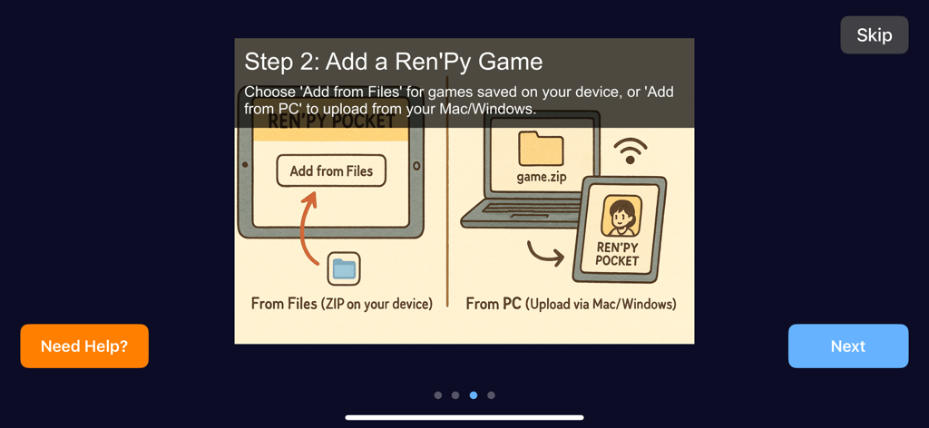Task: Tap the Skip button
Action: (x=874, y=35)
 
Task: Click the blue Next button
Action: (x=847, y=346)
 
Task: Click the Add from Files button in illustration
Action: (x=331, y=170)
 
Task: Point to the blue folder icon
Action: (x=344, y=268)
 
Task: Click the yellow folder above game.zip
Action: (x=541, y=149)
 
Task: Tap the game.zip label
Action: (x=542, y=177)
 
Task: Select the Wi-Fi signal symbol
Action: (x=631, y=151)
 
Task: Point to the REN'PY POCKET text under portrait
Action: (x=617, y=254)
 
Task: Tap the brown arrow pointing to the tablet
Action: (x=544, y=258)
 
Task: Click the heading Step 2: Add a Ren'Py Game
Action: (x=394, y=62)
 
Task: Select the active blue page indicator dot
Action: (x=474, y=395)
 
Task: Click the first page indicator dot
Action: (x=438, y=395)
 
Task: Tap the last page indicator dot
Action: (x=491, y=395)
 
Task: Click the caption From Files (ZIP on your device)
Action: (x=341, y=304)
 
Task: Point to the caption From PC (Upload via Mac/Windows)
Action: (x=571, y=304)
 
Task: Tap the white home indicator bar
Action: (x=464, y=418)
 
